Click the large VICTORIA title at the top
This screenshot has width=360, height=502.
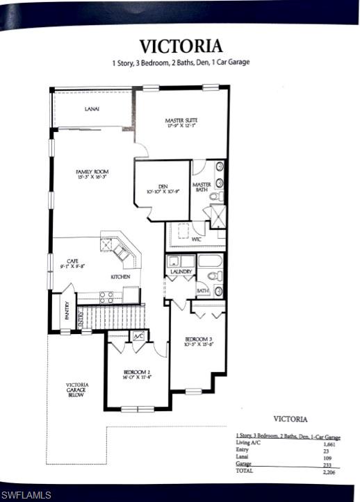point(181,46)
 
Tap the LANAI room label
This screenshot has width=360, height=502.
point(92,109)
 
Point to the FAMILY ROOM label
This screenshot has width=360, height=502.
point(92,171)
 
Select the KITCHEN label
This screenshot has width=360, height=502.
point(120,276)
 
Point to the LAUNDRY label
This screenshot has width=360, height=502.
point(181,271)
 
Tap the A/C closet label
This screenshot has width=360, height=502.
point(138,335)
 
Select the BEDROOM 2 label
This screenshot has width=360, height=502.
point(136,371)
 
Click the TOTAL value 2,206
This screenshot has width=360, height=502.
point(329,471)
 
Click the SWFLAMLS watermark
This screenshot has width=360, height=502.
point(26,494)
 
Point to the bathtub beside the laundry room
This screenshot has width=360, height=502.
point(210,262)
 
